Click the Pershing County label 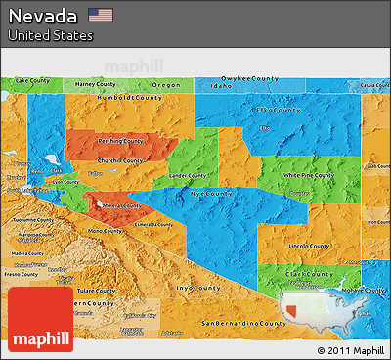(120, 140)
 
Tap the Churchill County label (121, 160)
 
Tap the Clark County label (310, 275)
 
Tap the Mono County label (107, 231)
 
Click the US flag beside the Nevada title (101, 15)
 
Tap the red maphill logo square (40, 319)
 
